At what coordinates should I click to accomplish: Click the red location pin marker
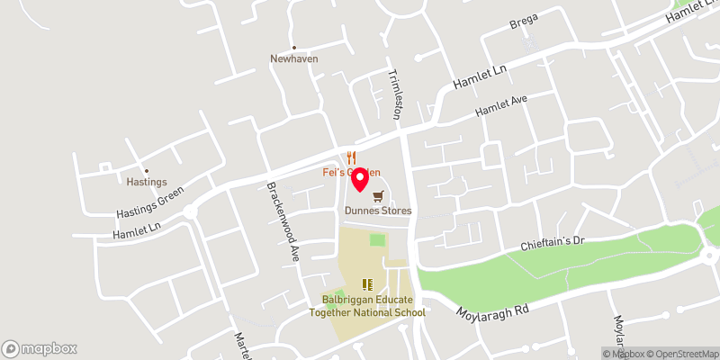coord(360,180)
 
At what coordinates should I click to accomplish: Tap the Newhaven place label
coord(294,59)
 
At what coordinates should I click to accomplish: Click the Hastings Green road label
coord(150,203)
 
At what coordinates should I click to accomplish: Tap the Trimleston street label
coord(394,94)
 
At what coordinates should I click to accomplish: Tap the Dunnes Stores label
coord(378,211)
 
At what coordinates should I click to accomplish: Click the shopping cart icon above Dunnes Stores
coord(379,195)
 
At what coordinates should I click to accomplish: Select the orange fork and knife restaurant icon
coord(351,157)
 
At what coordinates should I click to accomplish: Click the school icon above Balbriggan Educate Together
coord(367,284)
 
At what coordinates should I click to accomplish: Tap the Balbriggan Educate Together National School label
coord(367,305)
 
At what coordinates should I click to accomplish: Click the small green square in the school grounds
coord(378,240)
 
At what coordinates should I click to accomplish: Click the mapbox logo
coord(40,348)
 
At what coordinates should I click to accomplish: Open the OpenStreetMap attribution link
coord(683,354)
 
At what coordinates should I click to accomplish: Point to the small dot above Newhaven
coord(294,48)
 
